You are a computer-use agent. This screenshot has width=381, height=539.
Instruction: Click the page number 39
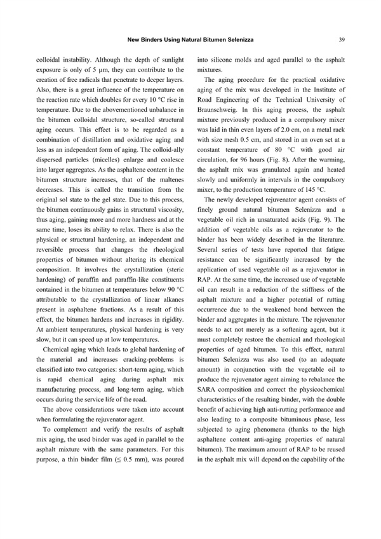[342, 40]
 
